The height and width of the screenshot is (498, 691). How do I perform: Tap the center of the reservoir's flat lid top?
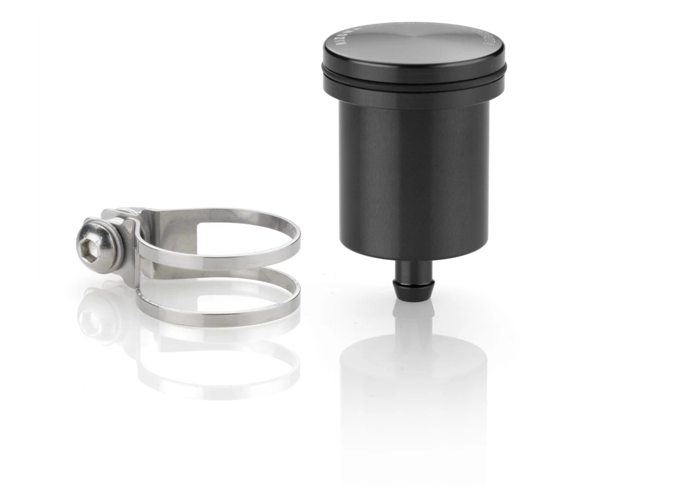(x=413, y=41)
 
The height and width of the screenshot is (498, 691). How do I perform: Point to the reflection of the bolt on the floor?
(x=92, y=318)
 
